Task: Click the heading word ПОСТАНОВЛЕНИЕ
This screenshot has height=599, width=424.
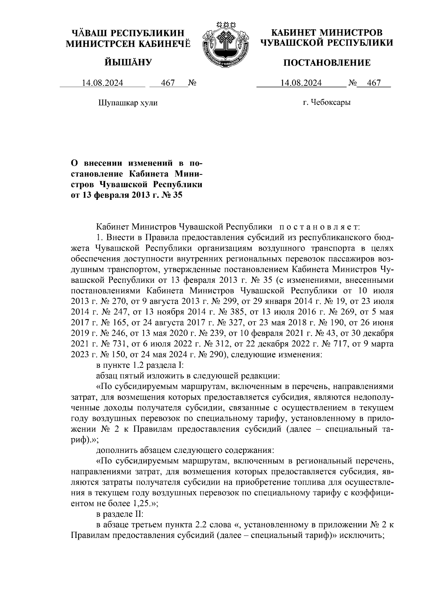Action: (327, 63)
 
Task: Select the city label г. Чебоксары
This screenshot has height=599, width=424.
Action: (327, 103)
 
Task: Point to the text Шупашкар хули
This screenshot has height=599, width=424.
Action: (128, 103)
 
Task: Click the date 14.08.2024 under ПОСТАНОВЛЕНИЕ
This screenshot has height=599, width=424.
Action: (301, 83)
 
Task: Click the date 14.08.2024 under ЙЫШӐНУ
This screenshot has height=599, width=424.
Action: (102, 83)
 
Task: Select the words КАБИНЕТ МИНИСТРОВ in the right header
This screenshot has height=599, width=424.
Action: (326, 33)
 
